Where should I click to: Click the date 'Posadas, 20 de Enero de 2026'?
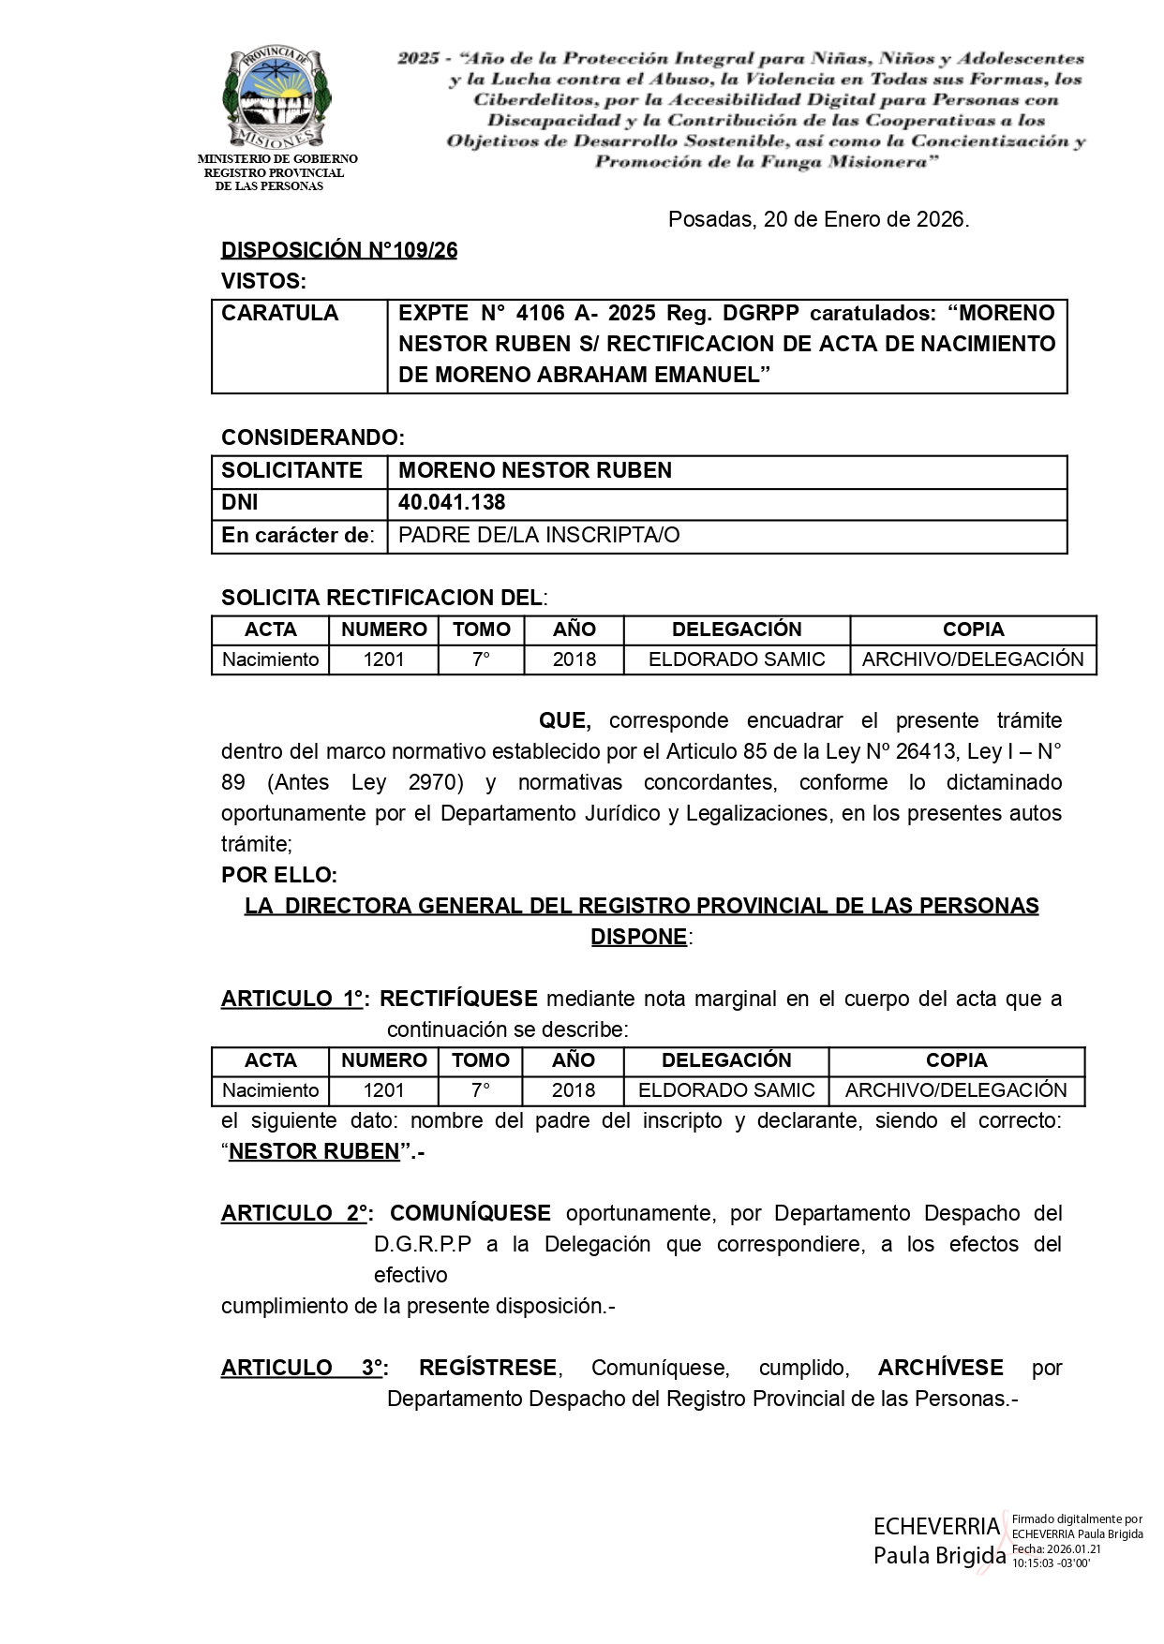[x=818, y=219]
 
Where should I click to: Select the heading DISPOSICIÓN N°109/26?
[x=339, y=250]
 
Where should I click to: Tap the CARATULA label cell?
[x=280, y=313]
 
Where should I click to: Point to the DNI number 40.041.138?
[x=452, y=503]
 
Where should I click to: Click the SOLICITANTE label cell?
[x=291, y=470]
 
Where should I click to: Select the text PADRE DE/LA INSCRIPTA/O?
[x=539, y=535]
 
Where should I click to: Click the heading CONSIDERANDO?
[x=313, y=437]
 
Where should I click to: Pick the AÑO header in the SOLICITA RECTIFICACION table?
[x=574, y=629]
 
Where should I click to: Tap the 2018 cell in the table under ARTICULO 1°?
[x=573, y=1090]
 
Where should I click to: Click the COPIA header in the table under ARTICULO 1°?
[x=956, y=1060]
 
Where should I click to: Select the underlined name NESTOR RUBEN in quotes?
[x=314, y=1151]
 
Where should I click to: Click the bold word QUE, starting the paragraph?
[x=564, y=720]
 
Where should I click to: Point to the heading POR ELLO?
[x=279, y=875]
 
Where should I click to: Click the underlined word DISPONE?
[x=638, y=937]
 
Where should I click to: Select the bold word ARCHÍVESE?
[x=940, y=1368]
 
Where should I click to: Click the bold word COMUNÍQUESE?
[x=470, y=1213]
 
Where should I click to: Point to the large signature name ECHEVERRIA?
[x=936, y=1526]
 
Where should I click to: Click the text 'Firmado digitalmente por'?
[x=1077, y=1518]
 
